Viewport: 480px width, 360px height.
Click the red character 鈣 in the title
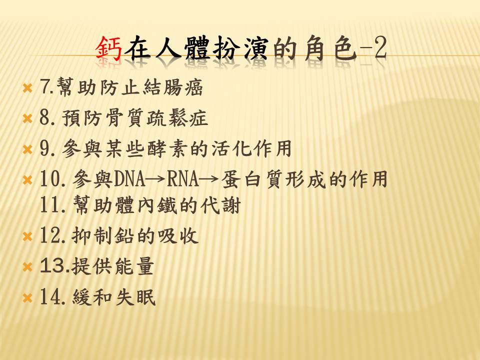click(109, 48)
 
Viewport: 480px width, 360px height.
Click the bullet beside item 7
click(27, 88)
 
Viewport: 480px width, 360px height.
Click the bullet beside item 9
click(27, 149)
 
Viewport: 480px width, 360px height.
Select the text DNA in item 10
click(129, 179)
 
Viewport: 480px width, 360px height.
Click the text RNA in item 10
click(183, 179)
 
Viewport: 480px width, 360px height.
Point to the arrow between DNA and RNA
click(156, 179)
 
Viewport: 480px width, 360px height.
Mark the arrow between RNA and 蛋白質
click(209, 179)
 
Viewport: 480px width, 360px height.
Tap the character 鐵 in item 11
click(167, 205)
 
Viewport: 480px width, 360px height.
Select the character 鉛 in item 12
click(124, 235)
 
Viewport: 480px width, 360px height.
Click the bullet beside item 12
click(27, 236)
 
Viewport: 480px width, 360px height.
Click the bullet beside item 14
click(27, 298)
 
